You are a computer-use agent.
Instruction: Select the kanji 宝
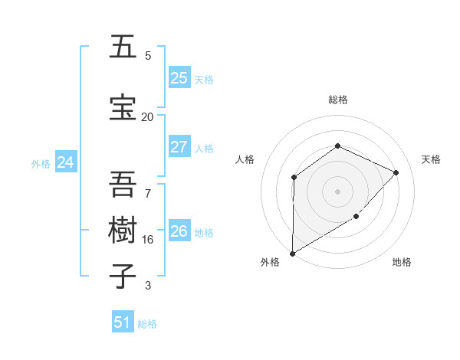123,107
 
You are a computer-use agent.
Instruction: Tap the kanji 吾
123,185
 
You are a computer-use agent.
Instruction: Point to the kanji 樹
123,230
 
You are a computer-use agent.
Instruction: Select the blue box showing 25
179,77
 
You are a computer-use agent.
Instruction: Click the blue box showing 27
179,147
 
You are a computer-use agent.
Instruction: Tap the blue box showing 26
179,231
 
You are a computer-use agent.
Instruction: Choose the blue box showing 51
123,322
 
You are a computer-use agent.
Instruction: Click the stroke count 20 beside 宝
147,116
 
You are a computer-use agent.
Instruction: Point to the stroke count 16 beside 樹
147,239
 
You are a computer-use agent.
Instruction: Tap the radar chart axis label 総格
337,100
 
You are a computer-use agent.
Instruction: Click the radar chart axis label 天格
431,159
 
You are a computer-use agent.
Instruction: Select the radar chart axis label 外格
270,262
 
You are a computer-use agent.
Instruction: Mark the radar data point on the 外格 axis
292,253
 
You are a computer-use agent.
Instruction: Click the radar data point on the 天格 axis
396,172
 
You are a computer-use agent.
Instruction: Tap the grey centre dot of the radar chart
337,191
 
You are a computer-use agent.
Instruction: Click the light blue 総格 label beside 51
147,324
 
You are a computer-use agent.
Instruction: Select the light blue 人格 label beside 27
203,149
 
